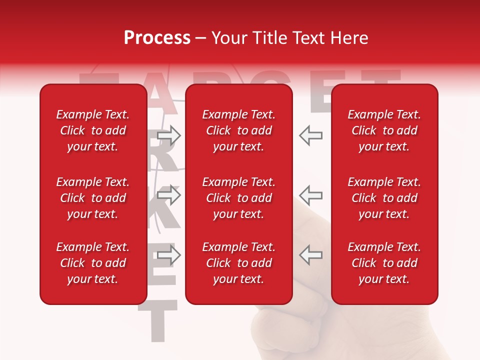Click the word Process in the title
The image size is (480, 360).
point(157,38)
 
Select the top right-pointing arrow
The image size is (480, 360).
point(169,135)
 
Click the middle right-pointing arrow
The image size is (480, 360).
point(169,195)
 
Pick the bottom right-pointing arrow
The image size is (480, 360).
point(169,255)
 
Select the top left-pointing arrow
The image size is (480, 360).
point(310,135)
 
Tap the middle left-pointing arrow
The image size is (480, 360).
point(310,195)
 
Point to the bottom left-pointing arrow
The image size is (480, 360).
point(310,255)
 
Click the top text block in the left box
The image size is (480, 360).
point(93,130)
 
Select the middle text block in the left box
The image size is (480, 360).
point(93,198)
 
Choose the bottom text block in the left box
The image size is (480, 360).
point(93,263)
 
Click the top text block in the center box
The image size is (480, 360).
point(238,130)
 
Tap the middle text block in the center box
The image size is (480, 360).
point(238,198)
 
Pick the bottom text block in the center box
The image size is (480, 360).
point(238,263)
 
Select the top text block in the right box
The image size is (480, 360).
point(384,130)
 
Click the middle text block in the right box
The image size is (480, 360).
point(384,198)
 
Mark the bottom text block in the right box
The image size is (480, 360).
point(384,263)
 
